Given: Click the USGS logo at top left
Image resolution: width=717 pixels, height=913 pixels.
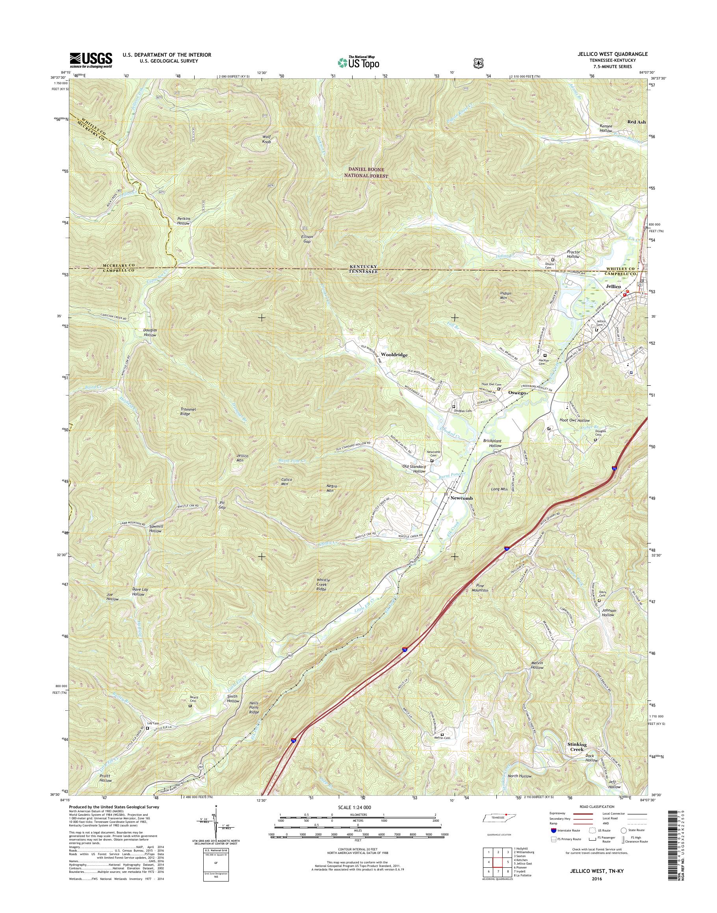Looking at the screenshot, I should (x=91, y=60).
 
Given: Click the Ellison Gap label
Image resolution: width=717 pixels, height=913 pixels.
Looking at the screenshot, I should (x=307, y=239).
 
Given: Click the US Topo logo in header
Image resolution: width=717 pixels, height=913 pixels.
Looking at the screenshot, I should (x=358, y=62).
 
